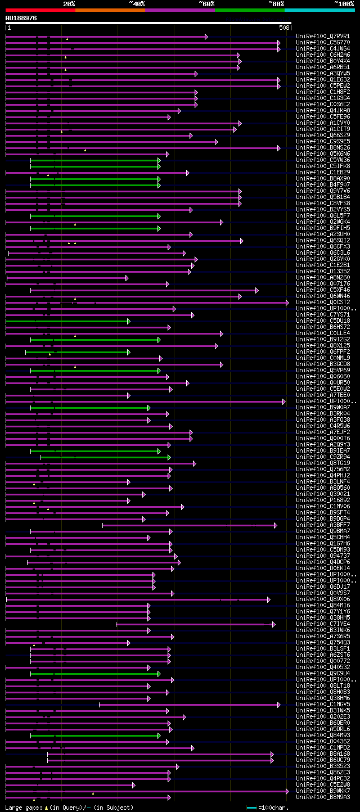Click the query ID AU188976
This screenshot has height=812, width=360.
coord(21,18)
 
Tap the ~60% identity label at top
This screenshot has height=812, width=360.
coord(206,3)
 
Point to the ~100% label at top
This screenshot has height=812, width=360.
coord(344,3)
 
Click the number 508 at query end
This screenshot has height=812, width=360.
coord(284,28)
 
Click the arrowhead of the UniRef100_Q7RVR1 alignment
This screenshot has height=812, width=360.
coord(206,37)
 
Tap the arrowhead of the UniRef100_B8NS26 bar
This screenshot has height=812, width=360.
coord(278,148)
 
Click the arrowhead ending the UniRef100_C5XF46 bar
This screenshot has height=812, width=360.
coord(257,290)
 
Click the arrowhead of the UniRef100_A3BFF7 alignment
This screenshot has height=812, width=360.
coord(276,525)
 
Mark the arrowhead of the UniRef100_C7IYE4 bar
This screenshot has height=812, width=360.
coord(274,624)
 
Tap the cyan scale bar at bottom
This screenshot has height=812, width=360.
coord(251,808)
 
